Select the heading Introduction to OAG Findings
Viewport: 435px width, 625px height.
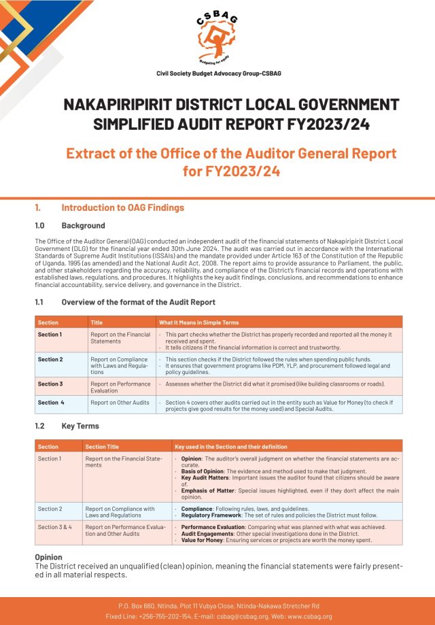pos(122,207)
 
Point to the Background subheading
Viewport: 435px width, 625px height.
pos(83,225)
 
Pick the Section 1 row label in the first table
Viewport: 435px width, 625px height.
pos(50,335)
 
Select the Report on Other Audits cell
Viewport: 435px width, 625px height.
pos(119,403)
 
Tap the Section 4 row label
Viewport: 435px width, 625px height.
pos(51,403)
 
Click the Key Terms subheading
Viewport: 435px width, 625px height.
pos(80,426)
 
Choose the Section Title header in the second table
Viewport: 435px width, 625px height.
pos(102,447)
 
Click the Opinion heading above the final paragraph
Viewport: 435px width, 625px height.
pos(48,557)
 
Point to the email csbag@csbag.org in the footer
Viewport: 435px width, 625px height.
pos(231,616)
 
